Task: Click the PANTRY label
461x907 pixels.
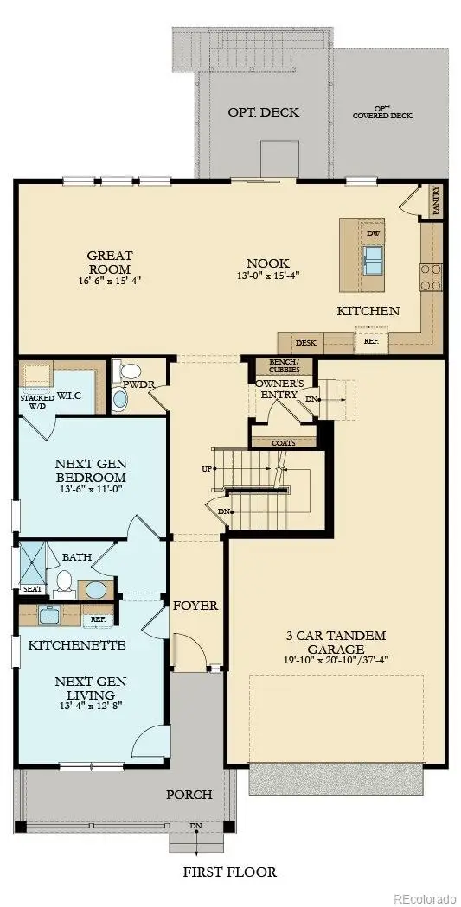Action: click(437, 200)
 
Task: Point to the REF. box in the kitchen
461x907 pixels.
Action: click(370, 341)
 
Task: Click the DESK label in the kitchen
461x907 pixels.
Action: click(305, 343)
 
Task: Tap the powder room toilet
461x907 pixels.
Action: click(119, 399)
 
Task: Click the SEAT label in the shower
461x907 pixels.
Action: click(32, 588)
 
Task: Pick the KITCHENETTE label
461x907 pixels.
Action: click(77, 645)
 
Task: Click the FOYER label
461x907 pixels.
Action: click(195, 606)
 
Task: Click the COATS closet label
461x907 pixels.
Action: click(283, 443)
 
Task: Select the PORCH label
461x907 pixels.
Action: click(189, 795)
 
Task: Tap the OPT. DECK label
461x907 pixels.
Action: click(252, 113)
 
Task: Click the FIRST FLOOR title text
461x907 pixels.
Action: click(229, 872)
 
